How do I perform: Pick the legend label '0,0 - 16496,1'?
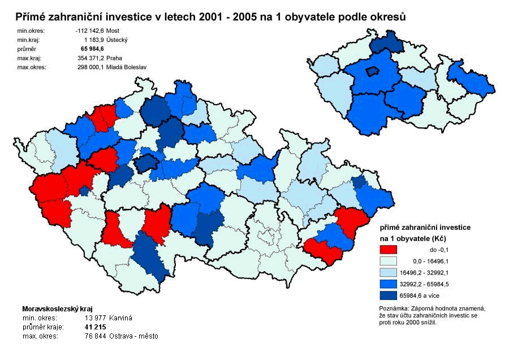point(428,260)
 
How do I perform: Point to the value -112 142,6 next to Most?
point(90,31)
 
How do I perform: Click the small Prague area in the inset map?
point(372,71)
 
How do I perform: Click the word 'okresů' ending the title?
point(387,17)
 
